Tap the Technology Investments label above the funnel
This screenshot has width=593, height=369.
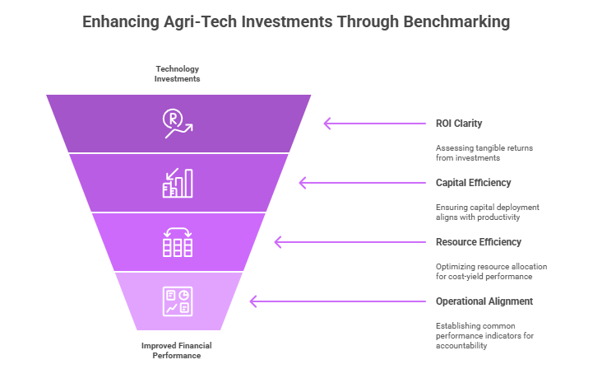click(178, 73)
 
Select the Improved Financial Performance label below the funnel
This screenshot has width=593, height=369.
click(178, 350)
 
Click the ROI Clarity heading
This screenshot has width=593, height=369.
click(458, 124)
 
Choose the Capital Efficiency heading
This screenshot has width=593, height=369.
click(473, 183)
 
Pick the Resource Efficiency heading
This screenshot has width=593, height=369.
click(477, 242)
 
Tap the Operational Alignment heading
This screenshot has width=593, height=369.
click(484, 301)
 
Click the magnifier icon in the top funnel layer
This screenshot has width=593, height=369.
click(176, 124)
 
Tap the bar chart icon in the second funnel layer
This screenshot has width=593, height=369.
click(178, 183)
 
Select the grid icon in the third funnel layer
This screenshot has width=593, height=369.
click(178, 242)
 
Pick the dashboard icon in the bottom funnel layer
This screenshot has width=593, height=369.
click(178, 301)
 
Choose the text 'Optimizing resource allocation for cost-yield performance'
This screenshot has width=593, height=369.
click(490, 271)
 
